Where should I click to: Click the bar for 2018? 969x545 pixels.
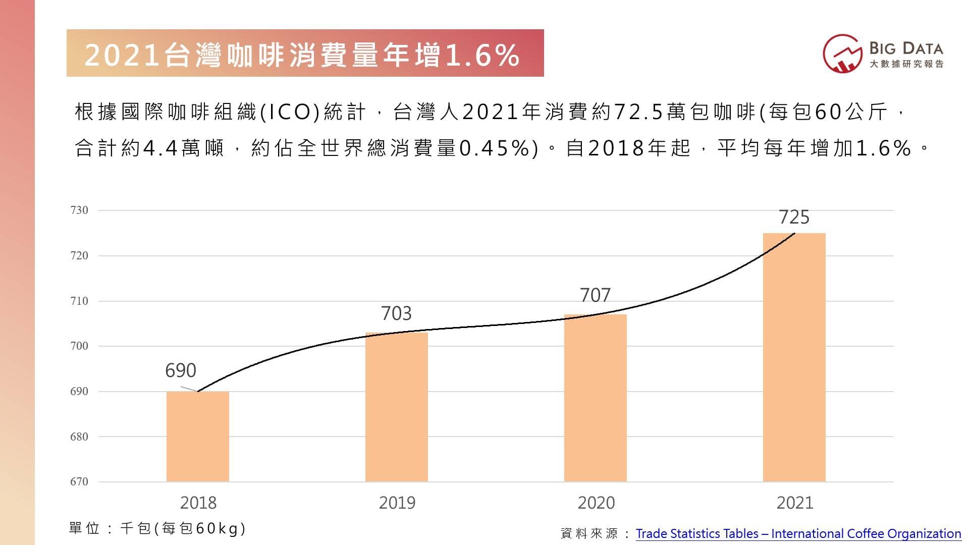click(197, 437)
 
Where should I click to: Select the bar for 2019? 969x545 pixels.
click(396, 407)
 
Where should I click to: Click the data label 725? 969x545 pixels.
click(794, 217)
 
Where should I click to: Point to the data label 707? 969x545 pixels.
click(595, 295)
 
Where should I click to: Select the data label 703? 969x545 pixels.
click(396, 313)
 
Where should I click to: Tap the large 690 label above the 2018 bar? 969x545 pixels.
click(180, 370)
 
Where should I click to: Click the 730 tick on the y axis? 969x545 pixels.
click(79, 210)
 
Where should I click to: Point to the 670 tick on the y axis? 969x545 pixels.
click(79, 482)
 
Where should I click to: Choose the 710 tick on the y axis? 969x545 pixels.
click(79, 301)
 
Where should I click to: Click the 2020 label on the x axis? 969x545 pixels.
click(596, 503)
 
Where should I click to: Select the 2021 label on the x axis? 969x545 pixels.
click(795, 503)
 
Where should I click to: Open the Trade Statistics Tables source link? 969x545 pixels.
click(798, 533)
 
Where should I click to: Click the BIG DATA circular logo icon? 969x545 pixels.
click(842, 53)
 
